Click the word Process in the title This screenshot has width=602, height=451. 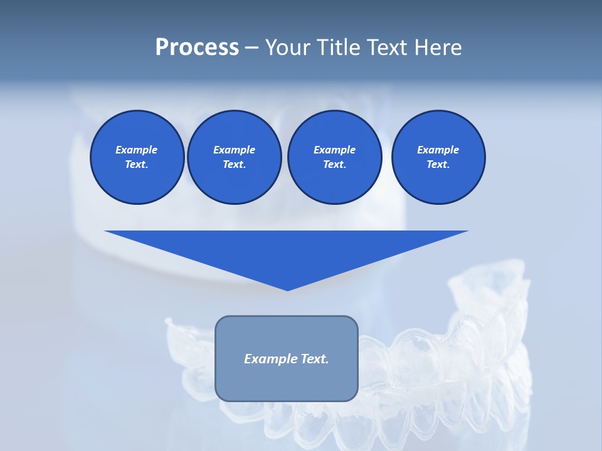197,48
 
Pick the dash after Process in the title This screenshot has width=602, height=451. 252,48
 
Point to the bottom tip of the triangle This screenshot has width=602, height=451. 287,289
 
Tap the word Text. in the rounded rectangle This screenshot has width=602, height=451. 313,359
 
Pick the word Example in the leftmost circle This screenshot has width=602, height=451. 137,150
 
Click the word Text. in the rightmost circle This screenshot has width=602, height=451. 438,164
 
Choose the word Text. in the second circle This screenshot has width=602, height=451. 234,164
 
